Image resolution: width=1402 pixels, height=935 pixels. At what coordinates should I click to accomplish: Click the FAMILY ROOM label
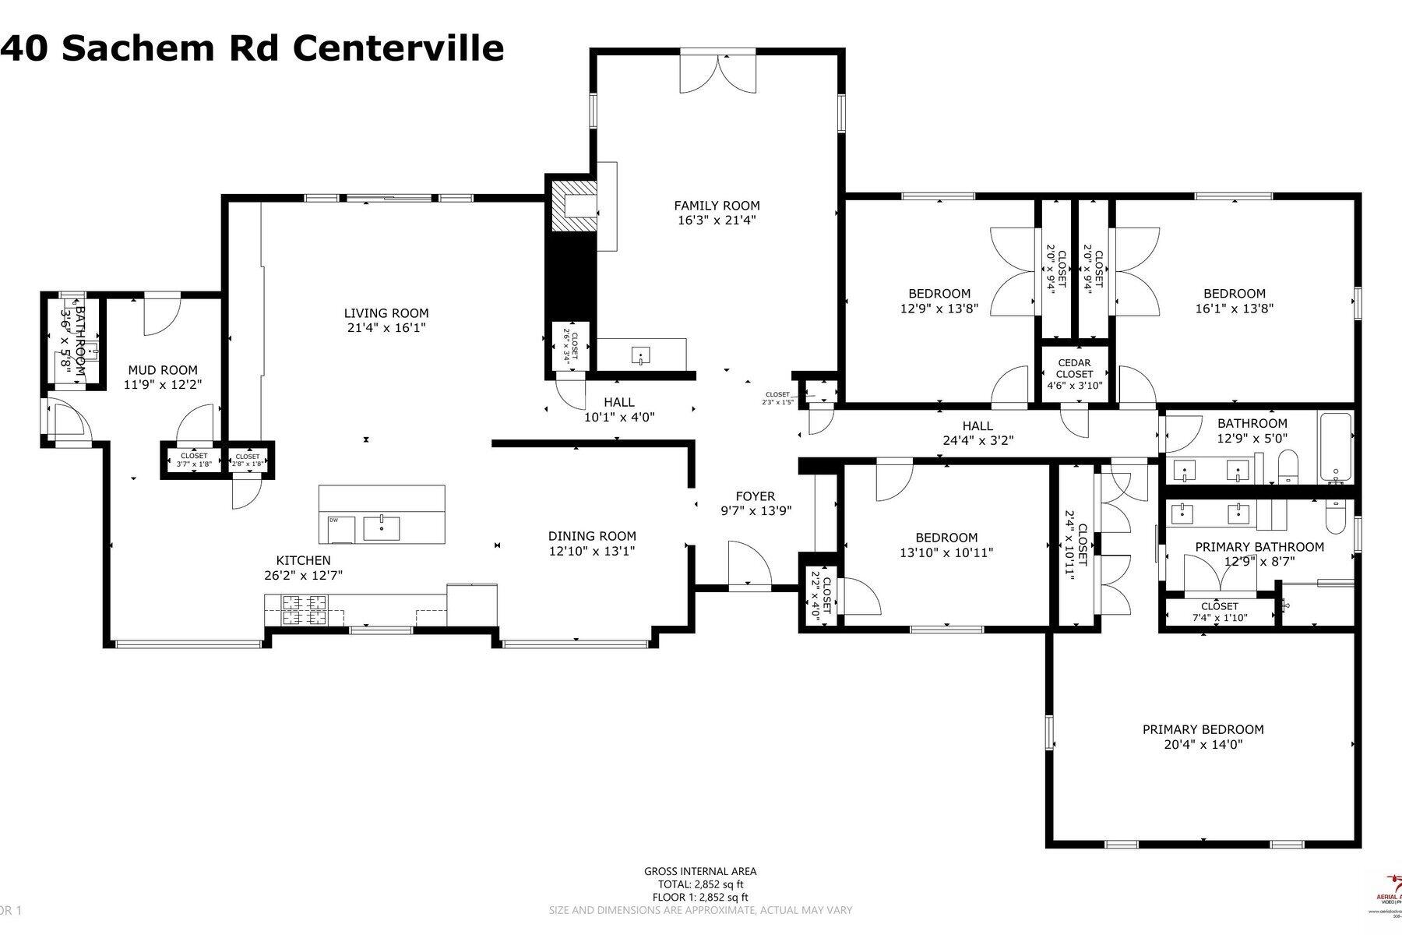tap(716, 206)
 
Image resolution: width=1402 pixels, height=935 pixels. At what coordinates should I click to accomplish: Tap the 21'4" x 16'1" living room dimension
tap(386, 328)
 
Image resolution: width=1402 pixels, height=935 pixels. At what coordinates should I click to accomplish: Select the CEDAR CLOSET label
tap(1074, 369)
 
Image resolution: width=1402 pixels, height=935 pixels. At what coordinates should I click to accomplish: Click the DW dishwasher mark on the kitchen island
tap(333, 520)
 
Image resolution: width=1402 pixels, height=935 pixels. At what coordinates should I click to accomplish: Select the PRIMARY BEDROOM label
tap(1203, 729)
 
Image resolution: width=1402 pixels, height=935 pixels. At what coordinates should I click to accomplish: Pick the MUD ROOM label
tap(163, 370)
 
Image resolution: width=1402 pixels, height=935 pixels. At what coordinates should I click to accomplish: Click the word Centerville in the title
tap(398, 48)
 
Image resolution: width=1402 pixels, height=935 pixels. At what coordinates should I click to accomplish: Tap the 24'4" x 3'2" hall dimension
tap(978, 440)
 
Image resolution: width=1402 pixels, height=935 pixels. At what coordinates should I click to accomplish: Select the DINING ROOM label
tap(592, 536)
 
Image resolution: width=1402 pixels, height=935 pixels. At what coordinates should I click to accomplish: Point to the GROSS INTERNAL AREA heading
tap(700, 871)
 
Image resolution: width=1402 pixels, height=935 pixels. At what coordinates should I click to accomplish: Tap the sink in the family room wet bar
tap(640, 357)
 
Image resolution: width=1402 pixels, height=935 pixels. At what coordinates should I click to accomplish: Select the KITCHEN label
tap(303, 560)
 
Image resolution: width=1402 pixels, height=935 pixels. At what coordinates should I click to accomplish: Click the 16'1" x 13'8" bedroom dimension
tap(1234, 309)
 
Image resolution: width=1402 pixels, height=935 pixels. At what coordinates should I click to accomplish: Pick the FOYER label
tap(755, 496)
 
